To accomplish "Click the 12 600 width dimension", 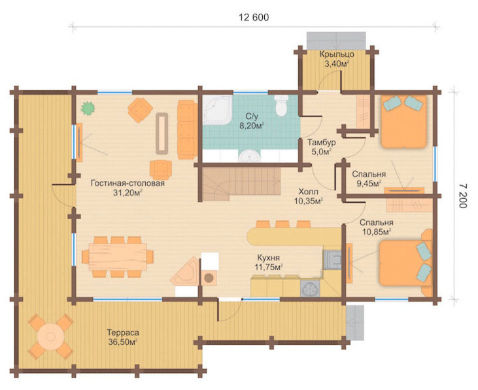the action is point(254,18).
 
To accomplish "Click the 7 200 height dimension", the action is point(463,196).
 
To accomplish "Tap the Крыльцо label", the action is point(337,54).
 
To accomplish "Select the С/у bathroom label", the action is point(252,116).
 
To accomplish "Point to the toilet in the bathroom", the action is point(281,105).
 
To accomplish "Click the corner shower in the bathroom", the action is point(217,110).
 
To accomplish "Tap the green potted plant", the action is point(88,108).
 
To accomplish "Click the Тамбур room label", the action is point(321,143).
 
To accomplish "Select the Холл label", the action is point(308,192).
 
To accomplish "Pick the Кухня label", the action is point(268,258).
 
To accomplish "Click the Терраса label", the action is point(123,332).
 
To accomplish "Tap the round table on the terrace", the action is point(51,337).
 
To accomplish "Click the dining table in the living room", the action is point(118,257).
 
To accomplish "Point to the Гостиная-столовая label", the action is point(128,183).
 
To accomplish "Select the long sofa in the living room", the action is point(187,130).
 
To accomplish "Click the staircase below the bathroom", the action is point(240,184).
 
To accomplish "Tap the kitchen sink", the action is point(310,289).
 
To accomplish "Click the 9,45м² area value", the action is point(369,183).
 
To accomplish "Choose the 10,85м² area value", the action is point(377,232).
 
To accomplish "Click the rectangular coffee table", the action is point(162,133).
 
